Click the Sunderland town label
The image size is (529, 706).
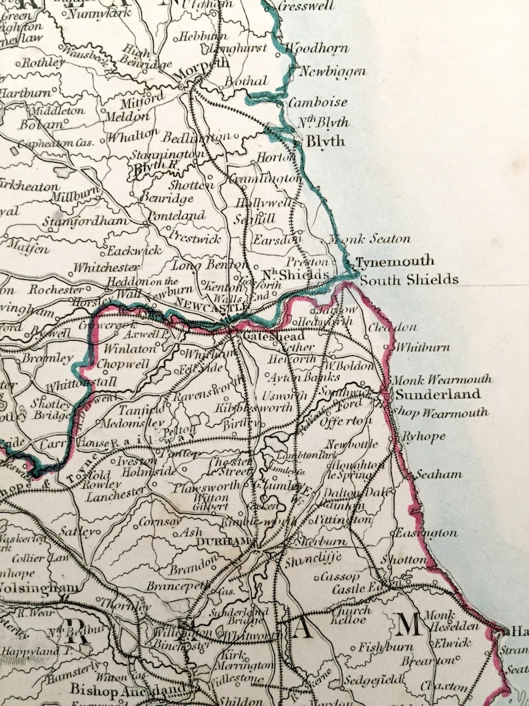point(438,395)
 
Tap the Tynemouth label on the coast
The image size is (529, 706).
point(394,261)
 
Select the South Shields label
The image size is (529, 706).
point(409,279)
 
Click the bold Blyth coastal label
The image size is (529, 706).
point(325,141)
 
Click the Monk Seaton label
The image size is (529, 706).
point(369,239)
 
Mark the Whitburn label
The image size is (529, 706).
point(422,347)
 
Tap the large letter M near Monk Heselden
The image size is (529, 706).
point(408,625)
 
